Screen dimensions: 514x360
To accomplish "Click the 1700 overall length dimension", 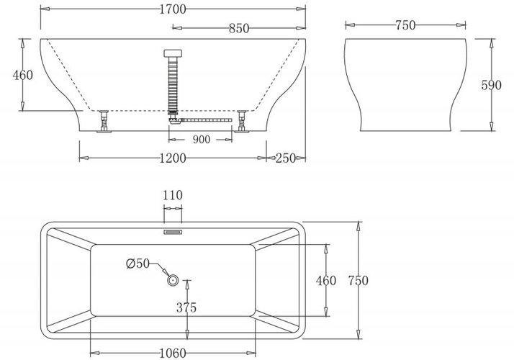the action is pyautogui.click(x=173, y=9).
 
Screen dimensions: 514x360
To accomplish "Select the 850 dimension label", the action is pyautogui.click(x=239, y=29).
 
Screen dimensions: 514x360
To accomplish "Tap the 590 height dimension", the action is pyautogui.click(x=492, y=85).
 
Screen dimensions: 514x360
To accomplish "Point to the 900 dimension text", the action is pyautogui.click(x=202, y=140).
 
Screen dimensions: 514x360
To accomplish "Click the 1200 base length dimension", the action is pyautogui.click(x=173, y=158).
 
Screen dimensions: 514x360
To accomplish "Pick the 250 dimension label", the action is pyautogui.click(x=286, y=158).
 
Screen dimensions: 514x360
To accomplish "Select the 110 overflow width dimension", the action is pyautogui.click(x=173, y=195).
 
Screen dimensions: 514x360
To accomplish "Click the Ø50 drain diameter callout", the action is pyautogui.click(x=138, y=264).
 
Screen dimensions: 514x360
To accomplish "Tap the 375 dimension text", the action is pyautogui.click(x=186, y=307).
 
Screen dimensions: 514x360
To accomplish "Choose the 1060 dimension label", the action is pyautogui.click(x=173, y=354).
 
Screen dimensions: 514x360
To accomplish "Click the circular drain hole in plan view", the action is pyautogui.click(x=173, y=280).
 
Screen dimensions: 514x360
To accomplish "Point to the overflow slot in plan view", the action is pyautogui.click(x=173, y=232).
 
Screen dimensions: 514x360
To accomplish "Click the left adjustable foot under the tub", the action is pyautogui.click(x=104, y=122).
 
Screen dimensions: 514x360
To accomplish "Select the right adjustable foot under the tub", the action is pyautogui.click(x=242, y=122).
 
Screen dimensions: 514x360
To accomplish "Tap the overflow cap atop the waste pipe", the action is pyautogui.click(x=173, y=53).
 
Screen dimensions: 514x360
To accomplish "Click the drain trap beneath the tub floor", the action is pyautogui.click(x=173, y=118).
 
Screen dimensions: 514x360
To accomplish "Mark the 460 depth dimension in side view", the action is pyautogui.click(x=23, y=76).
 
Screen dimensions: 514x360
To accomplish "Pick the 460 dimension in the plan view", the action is pyautogui.click(x=326, y=281).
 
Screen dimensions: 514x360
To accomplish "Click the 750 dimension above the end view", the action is pyautogui.click(x=405, y=25).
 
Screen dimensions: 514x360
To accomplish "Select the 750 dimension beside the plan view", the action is pyautogui.click(x=359, y=281).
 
